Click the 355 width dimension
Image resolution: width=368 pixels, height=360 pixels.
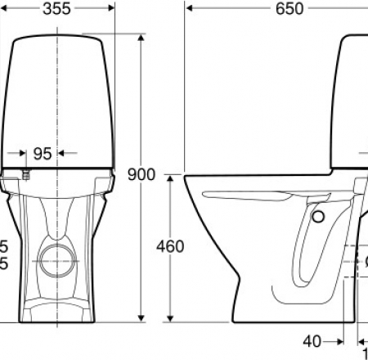(56, 9)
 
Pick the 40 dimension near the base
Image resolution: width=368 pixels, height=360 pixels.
(311, 340)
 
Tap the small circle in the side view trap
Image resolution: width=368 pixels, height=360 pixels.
(318, 215)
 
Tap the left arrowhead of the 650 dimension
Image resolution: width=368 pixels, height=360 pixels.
(188, 10)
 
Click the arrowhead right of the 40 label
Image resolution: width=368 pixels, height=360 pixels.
(339, 340)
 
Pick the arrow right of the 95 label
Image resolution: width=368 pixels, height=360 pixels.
(67, 153)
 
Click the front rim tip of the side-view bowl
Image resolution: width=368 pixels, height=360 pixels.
(186, 177)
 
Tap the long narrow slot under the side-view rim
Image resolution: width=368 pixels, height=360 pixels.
(245, 196)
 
